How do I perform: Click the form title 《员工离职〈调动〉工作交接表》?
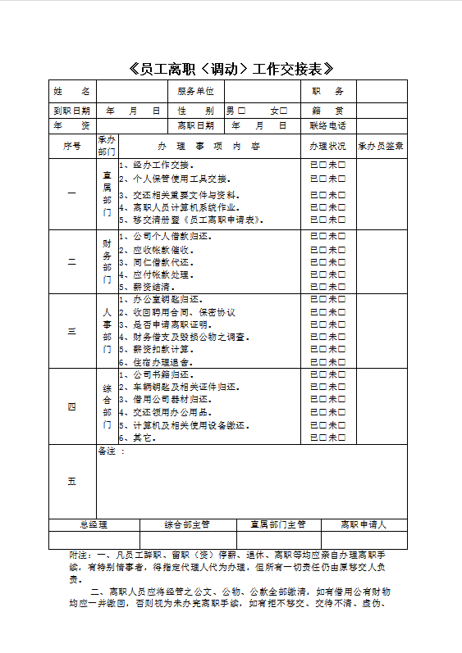pyautogui.click(x=231, y=69)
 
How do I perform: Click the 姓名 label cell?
pyautogui.click(x=72, y=92)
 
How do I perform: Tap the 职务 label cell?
pyautogui.click(x=327, y=92)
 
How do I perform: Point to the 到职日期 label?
pyautogui.click(x=72, y=111)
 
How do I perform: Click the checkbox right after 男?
pyautogui.click(x=241, y=111)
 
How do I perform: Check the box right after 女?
pyautogui.click(x=284, y=111)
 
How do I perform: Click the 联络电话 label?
pyautogui.click(x=327, y=126)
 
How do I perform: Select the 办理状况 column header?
pyautogui.click(x=327, y=147)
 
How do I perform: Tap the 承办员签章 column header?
pyautogui.click(x=381, y=147)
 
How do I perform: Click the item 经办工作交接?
pyautogui.click(x=161, y=165)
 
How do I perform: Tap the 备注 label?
pyautogui.click(x=110, y=451)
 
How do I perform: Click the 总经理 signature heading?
pyautogui.click(x=94, y=524)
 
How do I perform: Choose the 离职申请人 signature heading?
pyautogui.click(x=364, y=524)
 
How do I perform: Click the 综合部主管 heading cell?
pyautogui.click(x=188, y=524)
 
